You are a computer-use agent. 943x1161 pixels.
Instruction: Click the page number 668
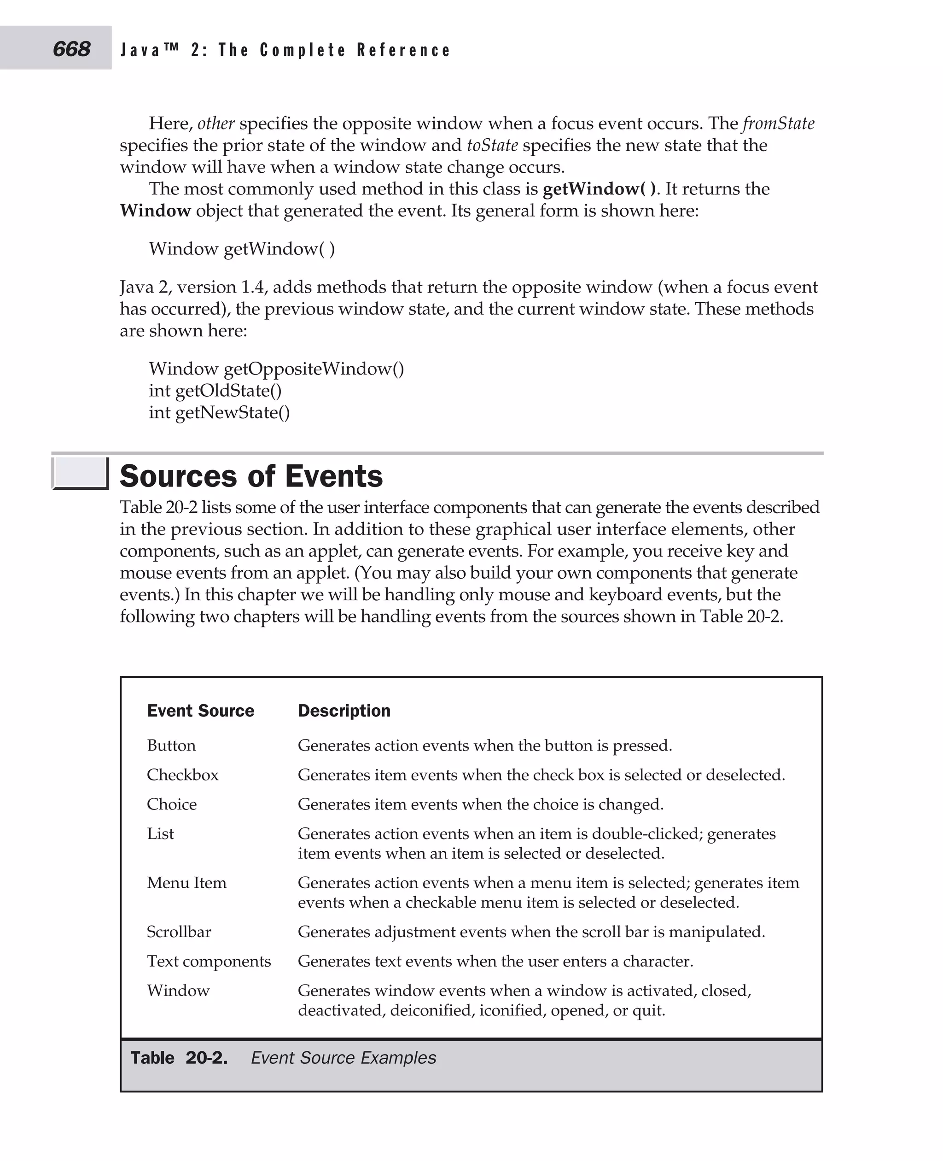click(x=71, y=49)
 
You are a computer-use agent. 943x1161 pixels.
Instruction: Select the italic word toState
click(x=492, y=145)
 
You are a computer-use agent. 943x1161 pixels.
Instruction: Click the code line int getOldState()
click(x=215, y=390)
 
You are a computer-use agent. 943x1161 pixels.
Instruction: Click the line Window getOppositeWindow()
click(x=276, y=369)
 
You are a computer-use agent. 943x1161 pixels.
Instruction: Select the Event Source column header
click(x=200, y=710)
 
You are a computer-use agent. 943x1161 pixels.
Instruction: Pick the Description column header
click(x=344, y=710)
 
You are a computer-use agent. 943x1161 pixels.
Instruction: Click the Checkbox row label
click(x=182, y=774)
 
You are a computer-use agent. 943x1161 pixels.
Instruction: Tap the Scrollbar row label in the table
click(x=179, y=932)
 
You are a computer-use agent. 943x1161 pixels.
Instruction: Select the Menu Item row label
click(x=186, y=883)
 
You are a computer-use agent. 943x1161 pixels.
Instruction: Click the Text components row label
click(x=209, y=961)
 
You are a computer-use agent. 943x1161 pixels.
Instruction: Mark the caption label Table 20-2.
click(x=179, y=1058)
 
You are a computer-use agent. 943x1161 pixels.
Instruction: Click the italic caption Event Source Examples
click(x=343, y=1058)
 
